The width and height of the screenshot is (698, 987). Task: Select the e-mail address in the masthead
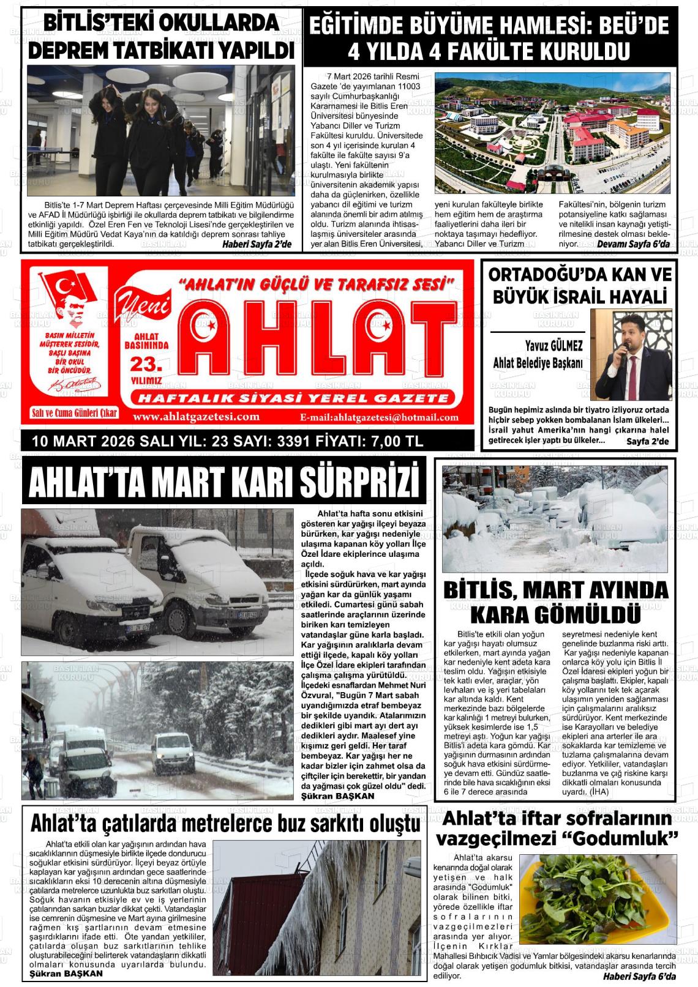point(379,417)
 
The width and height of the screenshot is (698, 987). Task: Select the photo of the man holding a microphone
point(631,354)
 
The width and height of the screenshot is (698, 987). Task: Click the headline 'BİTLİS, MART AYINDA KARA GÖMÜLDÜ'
point(555,602)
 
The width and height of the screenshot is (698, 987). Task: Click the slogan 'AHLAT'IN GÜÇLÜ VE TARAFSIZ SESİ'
point(315,284)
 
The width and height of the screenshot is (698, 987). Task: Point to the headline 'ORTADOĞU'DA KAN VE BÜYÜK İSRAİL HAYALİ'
point(579,286)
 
